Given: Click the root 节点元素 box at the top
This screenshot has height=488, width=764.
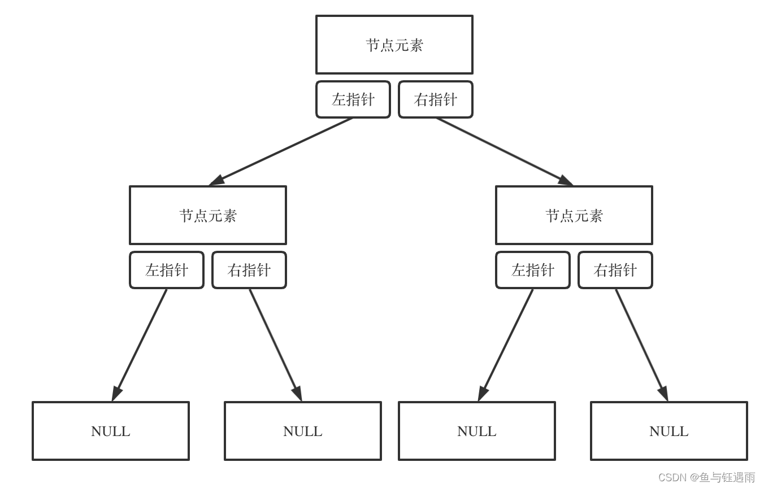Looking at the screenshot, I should coord(394,45).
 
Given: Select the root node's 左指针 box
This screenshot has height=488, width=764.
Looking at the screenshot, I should coord(353,99).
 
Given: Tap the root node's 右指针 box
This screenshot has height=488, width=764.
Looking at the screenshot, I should coord(435,99).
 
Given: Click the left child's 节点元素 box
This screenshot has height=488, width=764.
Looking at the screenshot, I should coord(208,215).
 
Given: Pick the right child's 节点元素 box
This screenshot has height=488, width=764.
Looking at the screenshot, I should coord(574,215).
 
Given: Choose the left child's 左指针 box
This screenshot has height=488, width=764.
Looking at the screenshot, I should coord(167,270).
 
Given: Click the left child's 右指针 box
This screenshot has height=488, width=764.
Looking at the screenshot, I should coord(249,270).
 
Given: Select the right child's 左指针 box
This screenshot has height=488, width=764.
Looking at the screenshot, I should coord(532,270).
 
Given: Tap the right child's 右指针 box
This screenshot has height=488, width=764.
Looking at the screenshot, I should coord(615,270).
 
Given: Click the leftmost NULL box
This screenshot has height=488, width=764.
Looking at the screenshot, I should coord(111,431).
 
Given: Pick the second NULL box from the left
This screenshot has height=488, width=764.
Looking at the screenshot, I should coord(303,431).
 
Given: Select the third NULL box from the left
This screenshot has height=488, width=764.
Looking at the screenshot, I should coord(477,431).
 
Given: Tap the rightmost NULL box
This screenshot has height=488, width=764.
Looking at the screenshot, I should coord(669,431).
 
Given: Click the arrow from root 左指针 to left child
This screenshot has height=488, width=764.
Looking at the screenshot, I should coord(281,151).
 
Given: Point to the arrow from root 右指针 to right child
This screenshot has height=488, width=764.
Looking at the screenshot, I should coord(504,151).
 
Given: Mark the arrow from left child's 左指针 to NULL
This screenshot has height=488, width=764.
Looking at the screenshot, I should coord(140,345).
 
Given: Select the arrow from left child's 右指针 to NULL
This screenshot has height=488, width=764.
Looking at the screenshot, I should coord(275,345).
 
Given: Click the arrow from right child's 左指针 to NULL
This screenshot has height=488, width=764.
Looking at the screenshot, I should coord(506,345).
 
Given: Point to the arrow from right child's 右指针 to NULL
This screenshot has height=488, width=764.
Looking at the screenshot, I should coord(641,345).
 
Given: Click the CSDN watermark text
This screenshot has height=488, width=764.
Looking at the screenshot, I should coord(706,477).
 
